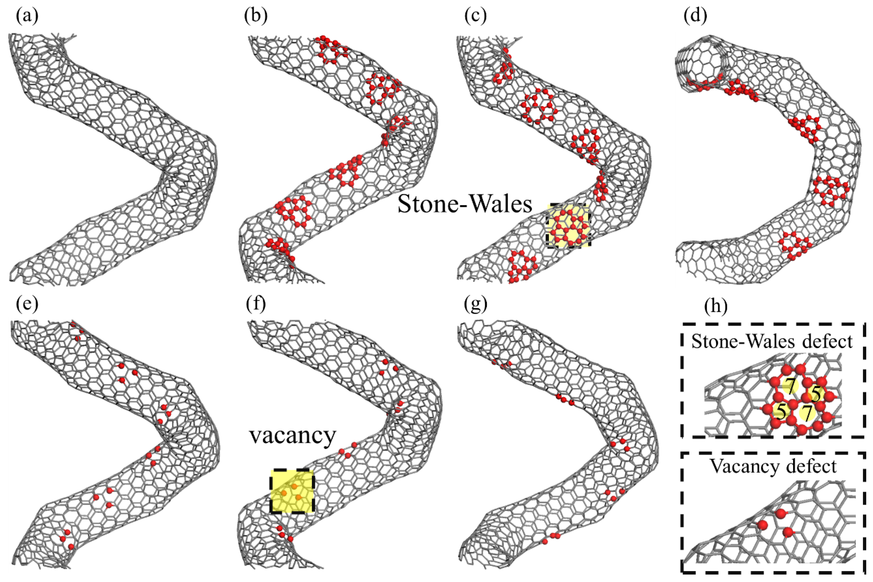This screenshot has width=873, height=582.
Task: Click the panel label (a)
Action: pos(27,16)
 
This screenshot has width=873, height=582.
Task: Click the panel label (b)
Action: pos(256,16)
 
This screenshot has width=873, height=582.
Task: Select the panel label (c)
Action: pos(475,16)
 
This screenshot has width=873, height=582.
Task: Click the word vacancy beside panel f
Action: pos(292,435)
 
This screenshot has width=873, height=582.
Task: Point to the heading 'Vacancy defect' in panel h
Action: pos(773,467)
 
